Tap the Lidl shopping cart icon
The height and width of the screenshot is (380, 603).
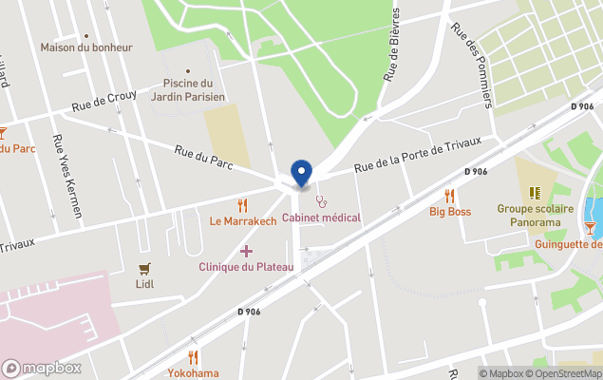point(144,269)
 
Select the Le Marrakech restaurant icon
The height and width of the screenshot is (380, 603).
point(242,205)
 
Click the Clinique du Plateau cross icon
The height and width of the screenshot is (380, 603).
point(246,251)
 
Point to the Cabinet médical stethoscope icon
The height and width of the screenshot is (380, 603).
point(321,201)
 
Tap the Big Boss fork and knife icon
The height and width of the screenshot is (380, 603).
point(449,196)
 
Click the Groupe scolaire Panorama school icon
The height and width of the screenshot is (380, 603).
point(535,193)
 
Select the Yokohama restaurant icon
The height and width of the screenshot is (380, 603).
point(193,357)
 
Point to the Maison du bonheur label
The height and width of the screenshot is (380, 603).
point(86,47)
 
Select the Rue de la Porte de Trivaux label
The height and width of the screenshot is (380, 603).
point(418,155)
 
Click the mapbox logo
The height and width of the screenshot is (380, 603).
point(42,368)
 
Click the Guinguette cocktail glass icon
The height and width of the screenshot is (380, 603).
point(591,227)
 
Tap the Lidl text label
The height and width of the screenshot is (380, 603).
point(144,283)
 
